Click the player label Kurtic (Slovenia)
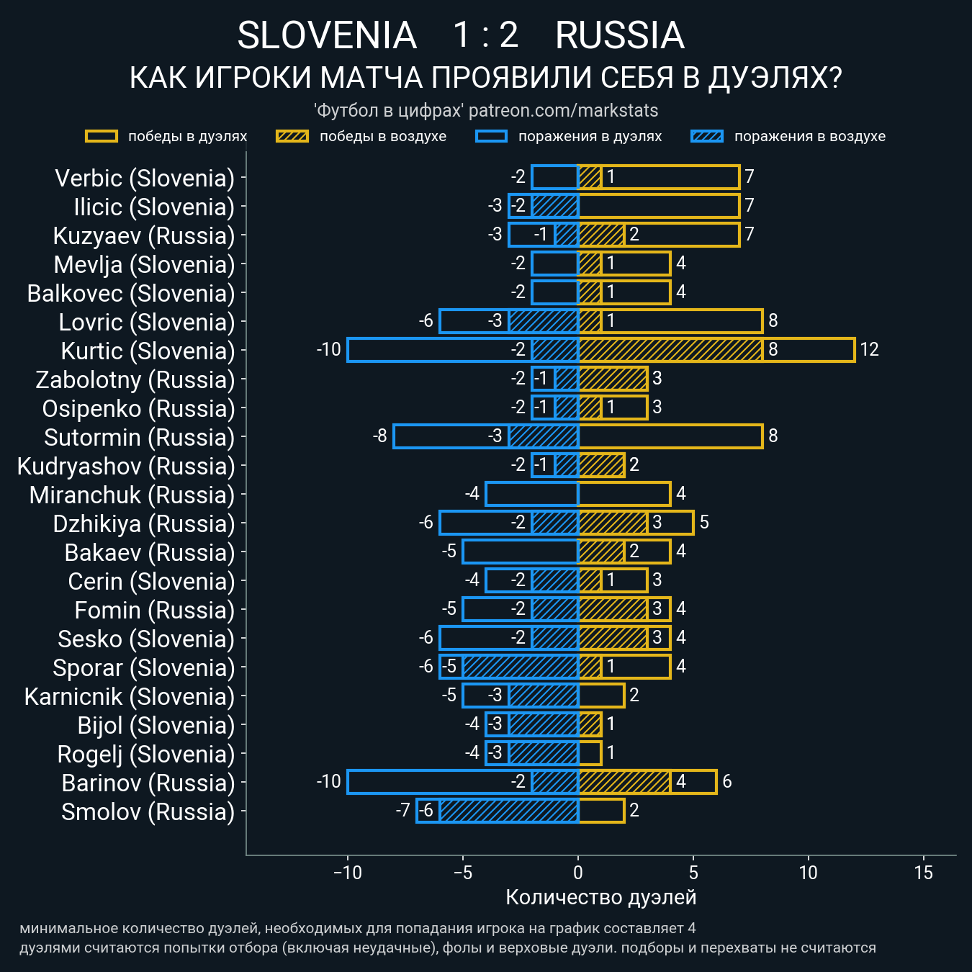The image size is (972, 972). click(x=148, y=351)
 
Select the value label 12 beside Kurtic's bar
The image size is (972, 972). click(x=869, y=350)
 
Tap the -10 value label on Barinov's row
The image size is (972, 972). click(x=329, y=782)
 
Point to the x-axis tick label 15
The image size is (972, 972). click(x=923, y=873)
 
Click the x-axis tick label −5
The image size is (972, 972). click(x=462, y=873)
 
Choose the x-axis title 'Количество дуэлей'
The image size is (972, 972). click(x=600, y=897)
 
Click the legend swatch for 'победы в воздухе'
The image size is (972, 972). click(x=292, y=137)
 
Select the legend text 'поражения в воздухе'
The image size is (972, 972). click(x=809, y=137)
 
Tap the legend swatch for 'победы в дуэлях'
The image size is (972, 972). click(x=102, y=137)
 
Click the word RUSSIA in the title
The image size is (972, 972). click(x=619, y=36)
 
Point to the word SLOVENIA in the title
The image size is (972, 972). click(x=327, y=36)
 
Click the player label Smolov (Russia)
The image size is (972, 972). click(x=148, y=812)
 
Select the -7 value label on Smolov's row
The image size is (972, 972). click(x=403, y=811)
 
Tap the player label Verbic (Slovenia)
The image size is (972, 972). click(x=145, y=179)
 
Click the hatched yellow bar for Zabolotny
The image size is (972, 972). click(x=613, y=379)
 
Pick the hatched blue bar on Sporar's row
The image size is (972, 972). click(x=520, y=667)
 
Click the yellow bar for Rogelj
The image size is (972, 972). click(x=590, y=753)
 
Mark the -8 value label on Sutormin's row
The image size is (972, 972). click(x=380, y=436)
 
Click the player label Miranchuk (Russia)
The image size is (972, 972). click(x=132, y=495)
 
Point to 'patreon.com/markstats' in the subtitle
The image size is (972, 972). click(x=563, y=111)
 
